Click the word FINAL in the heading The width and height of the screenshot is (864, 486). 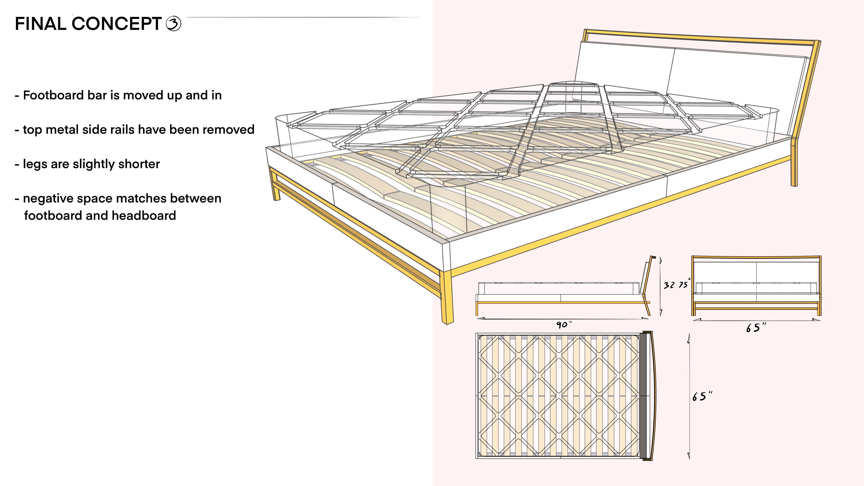[40, 24]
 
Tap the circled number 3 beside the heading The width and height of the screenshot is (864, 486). [174, 24]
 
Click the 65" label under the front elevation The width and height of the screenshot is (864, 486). [756, 327]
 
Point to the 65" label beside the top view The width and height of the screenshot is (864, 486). [702, 396]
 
